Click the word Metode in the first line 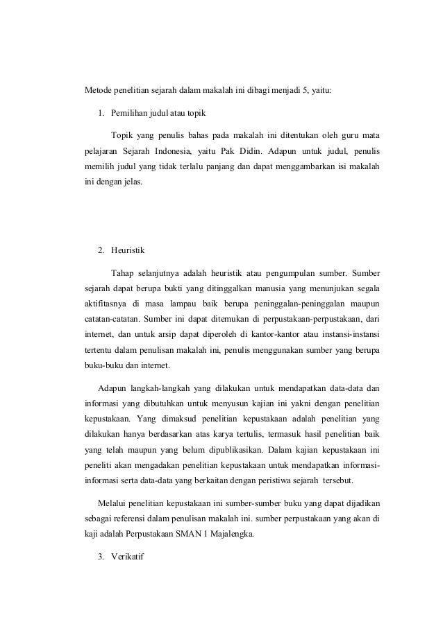pos(97,89)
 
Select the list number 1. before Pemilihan pos(101,112)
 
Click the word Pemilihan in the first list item pos(130,112)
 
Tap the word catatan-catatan pos(105,321)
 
